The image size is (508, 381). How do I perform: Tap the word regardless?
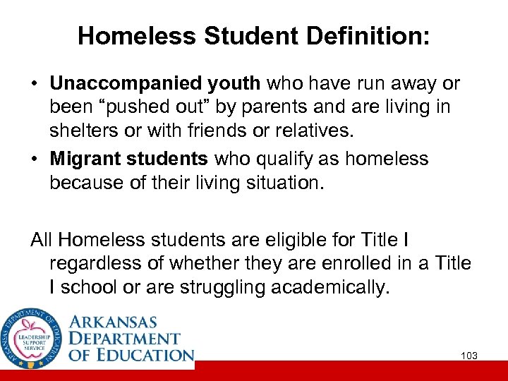(x=92, y=264)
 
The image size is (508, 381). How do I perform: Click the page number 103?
(x=469, y=356)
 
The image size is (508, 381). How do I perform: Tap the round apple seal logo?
(x=32, y=338)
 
